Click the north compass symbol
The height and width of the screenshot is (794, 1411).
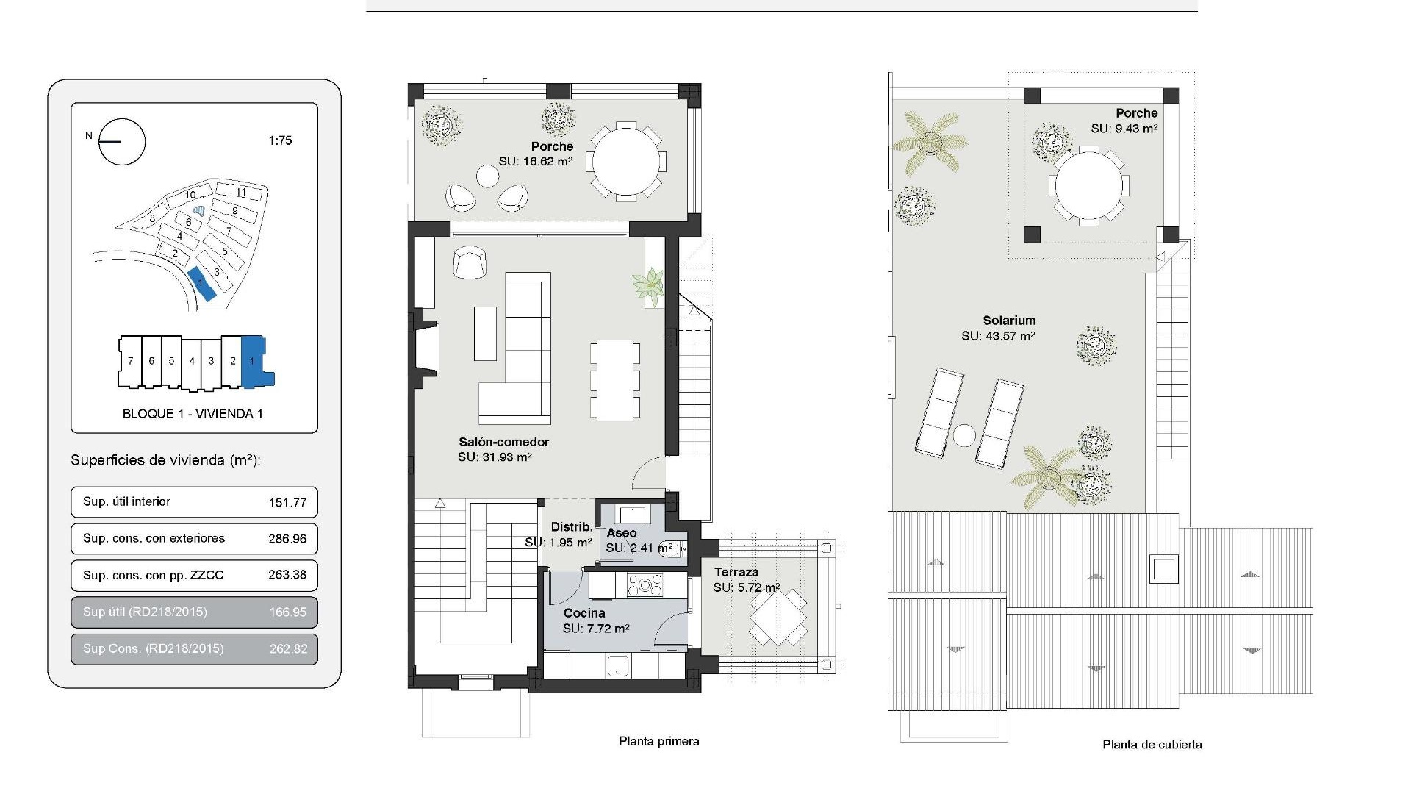tap(121, 141)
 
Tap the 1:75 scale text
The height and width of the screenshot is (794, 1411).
tap(280, 140)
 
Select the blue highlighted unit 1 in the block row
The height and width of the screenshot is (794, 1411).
tap(254, 361)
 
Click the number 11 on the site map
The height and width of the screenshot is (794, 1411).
tap(241, 193)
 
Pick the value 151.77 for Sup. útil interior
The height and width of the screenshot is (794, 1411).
tap(287, 502)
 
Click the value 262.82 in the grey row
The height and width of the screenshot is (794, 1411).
tap(287, 648)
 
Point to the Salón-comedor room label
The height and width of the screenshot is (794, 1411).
tap(503, 442)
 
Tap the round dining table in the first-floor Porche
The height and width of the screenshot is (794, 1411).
tap(625, 161)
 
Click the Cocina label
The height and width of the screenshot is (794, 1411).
tap(584, 613)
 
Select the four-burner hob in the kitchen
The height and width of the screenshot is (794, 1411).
tap(645, 585)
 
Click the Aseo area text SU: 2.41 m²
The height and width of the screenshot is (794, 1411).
tap(639, 548)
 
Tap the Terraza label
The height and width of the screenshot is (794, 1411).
tap(736, 572)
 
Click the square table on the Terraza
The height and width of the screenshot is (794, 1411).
tap(778, 617)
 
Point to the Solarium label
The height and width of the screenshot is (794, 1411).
tap(1009, 321)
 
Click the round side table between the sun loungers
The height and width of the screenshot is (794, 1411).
tap(964, 435)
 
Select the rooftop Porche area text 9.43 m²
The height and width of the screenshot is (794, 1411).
tap(1124, 129)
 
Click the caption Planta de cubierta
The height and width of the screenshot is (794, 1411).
tap(1152, 744)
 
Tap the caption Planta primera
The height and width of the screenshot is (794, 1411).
tap(658, 741)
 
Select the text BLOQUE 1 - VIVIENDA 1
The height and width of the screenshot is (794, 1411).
tap(193, 414)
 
